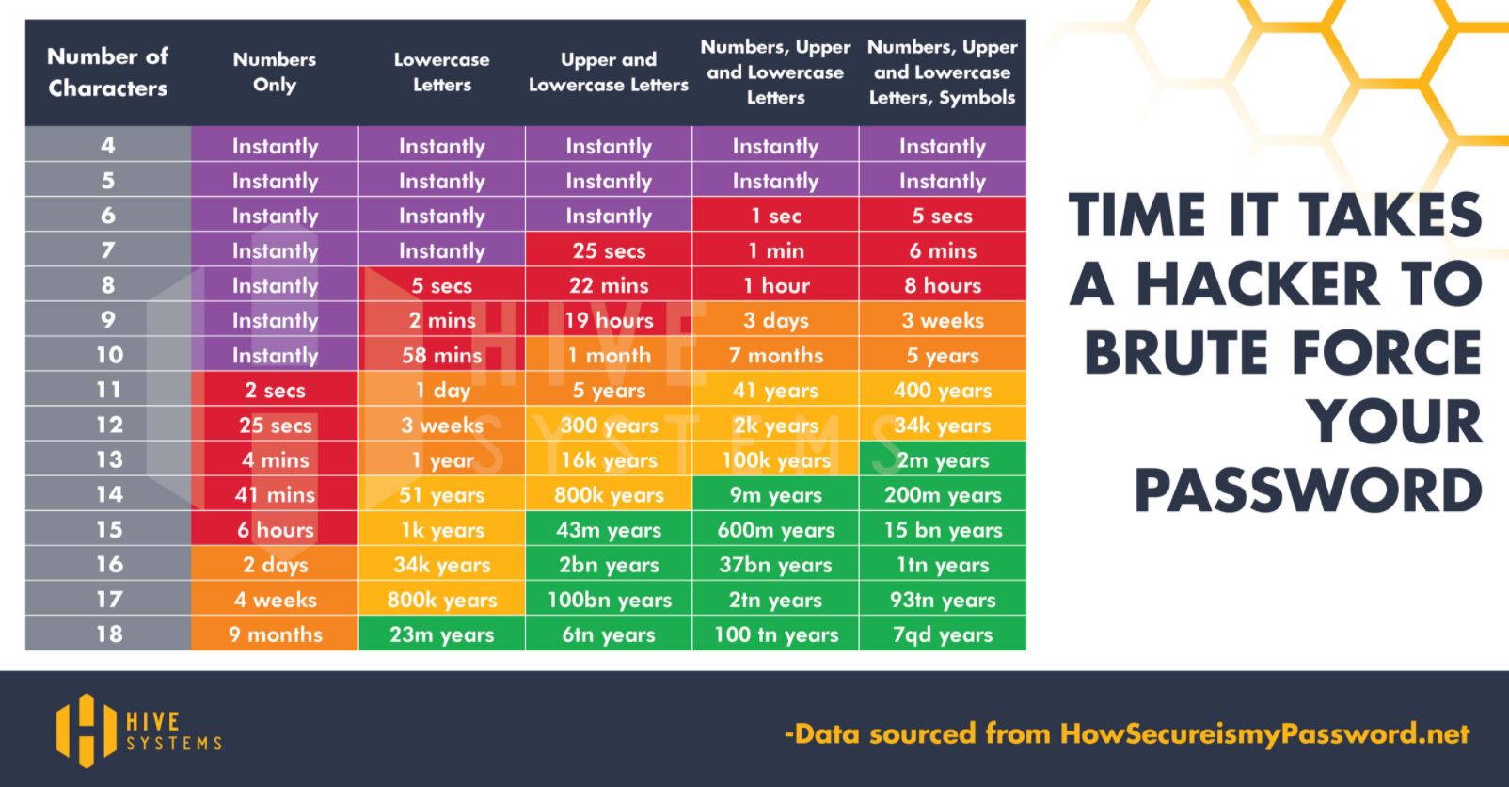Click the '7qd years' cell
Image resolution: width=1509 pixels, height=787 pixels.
point(942,634)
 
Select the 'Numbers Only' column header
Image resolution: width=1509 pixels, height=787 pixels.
point(275,72)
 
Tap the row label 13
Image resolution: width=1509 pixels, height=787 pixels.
point(109,459)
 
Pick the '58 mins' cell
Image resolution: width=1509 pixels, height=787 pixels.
point(441,356)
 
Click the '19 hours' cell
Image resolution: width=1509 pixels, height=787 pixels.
point(609,321)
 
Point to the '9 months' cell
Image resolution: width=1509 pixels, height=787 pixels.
point(275,634)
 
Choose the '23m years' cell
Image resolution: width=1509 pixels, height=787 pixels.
point(441,634)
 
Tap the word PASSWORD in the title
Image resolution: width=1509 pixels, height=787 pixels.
point(1308,490)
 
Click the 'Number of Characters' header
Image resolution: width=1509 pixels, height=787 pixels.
point(108,72)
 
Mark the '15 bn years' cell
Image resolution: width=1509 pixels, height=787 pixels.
point(942,530)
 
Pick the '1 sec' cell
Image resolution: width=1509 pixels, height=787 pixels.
point(775,217)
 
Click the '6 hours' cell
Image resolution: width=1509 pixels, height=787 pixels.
point(275,530)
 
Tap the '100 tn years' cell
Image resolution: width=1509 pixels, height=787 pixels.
point(775,634)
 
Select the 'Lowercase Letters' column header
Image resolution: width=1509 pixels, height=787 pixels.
point(441,72)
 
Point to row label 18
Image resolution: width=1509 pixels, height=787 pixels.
point(109,634)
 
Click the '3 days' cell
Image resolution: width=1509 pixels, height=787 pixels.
point(775,321)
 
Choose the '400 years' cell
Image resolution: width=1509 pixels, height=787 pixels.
point(942,391)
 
